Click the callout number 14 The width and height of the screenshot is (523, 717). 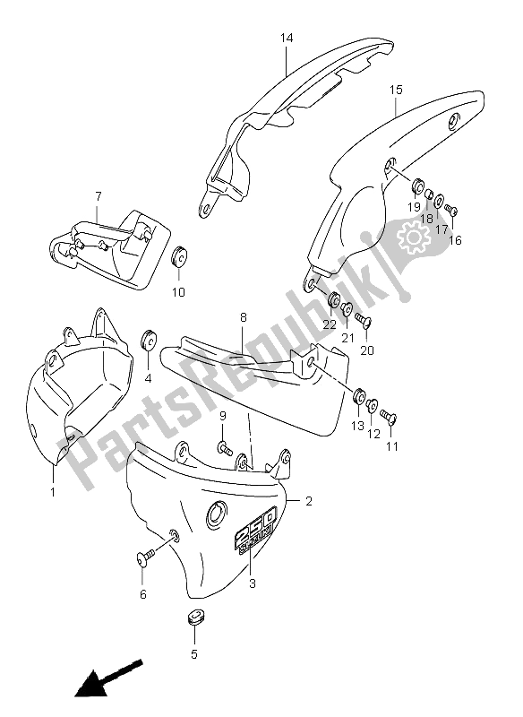pyautogui.click(x=286, y=39)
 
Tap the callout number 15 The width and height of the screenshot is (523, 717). pyautogui.click(x=396, y=90)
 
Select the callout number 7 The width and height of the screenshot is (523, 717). pyautogui.click(x=98, y=195)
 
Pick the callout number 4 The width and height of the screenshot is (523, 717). pyautogui.click(x=149, y=378)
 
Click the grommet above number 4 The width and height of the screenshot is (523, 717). pyautogui.click(x=148, y=341)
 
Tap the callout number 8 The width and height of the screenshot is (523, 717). pyautogui.click(x=243, y=318)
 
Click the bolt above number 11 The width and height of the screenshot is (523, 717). pyautogui.click(x=388, y=417)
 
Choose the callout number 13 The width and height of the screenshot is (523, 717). pyautogui.click(x=357, y=426)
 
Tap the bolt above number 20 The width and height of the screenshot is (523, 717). pyautogui.click(x=362, y=320)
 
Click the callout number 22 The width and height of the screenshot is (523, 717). pyautogui.click(x=329, y=324)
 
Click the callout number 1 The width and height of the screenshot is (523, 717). pyautogui.click(x=53, y=491)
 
